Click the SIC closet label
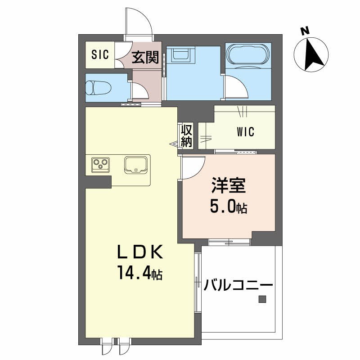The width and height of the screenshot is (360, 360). pyautogui.click(x=100, y=55)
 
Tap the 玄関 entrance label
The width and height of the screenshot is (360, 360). pyautogui.click(x=145, y=57)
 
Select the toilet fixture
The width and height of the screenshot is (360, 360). pyautogui.click(x=98, y=87)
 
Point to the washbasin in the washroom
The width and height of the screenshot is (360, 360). pyautogui.click(x=181, y=56)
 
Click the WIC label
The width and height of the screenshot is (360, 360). pyautogui.click(x=245, y=132)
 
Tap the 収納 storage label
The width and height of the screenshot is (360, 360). pyautogui.click(x=187, y=135)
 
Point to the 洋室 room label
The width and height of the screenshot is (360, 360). pyautogui.click(x=228, y=185)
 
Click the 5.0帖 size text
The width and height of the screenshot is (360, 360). pyautogui.click(x=229, y=208)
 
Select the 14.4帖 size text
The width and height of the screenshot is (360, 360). pyautogui.click(x=139, y=273)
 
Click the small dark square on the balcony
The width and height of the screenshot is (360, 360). pyautogui.click(x=262, y=299)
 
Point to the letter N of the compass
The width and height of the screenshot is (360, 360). pyautogui.click(x=305, y=31)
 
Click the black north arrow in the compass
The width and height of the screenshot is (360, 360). pyautogui.click(x=312, y=54)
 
